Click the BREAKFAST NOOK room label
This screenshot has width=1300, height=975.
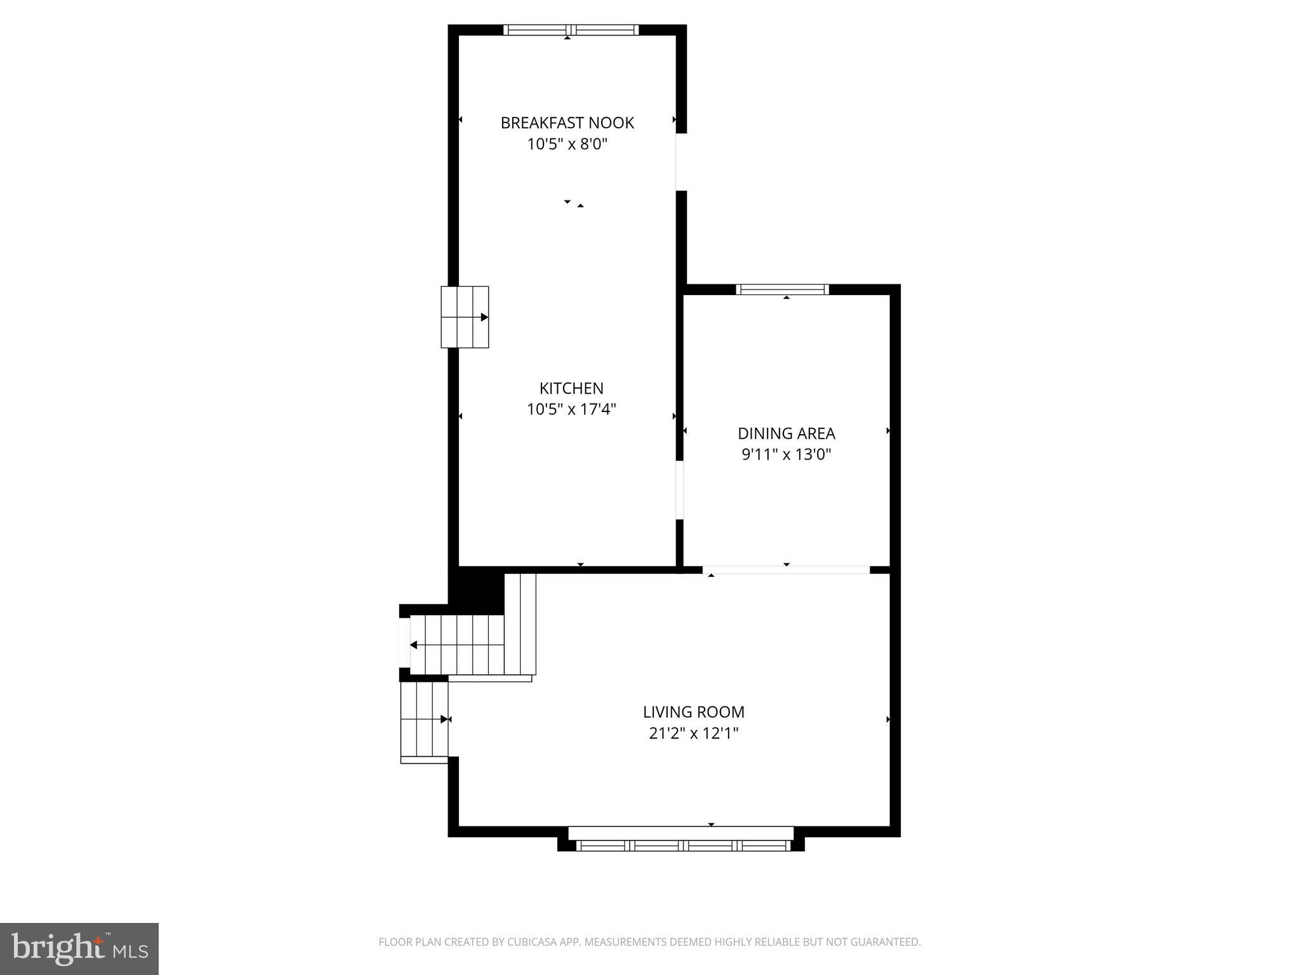click(x=567, y=123)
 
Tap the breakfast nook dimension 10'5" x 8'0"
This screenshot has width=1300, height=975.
click(x=567, y=144)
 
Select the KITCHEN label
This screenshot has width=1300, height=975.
click(x=571, y=388)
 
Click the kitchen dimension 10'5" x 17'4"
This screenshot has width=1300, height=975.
click(x=571, y=409)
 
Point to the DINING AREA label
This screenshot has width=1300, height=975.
click(x=786, y=434)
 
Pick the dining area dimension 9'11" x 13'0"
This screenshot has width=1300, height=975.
click(x=786, y=454)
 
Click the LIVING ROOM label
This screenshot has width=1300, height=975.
click(x=693, y=712)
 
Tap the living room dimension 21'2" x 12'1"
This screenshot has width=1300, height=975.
click(x=693, y=733)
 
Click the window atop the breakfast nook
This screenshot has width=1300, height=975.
click(x=571, y=29)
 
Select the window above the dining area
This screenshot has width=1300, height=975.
click(x=782, y=289)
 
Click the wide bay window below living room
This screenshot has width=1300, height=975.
click(x=683, y=845)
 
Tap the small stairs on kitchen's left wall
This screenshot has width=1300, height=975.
click(x=465, y=317)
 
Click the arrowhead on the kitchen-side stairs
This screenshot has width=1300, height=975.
click(x=484, y=317)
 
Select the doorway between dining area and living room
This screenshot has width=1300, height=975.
click(x=786, y=569)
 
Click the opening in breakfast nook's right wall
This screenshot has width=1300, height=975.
click(x=680, y=162)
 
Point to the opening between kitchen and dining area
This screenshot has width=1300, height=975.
click(x=680, y=489)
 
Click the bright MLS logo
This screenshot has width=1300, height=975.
click(x=79, y=949)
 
